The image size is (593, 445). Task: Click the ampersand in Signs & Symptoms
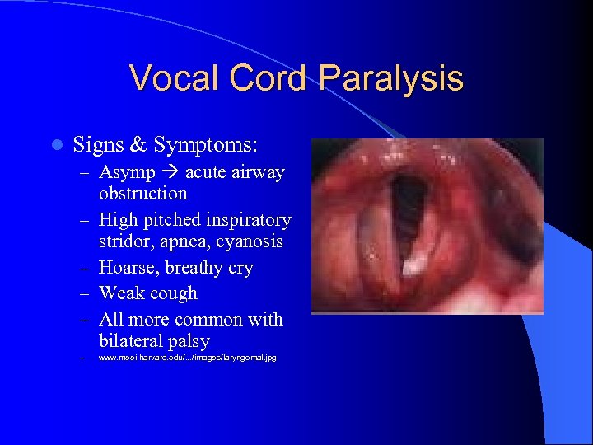[138, 145]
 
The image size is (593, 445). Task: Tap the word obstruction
[142, 194]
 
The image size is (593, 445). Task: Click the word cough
[172, 293]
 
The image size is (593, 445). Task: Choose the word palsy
[189, 341]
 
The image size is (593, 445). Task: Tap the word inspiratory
[248, 220]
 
